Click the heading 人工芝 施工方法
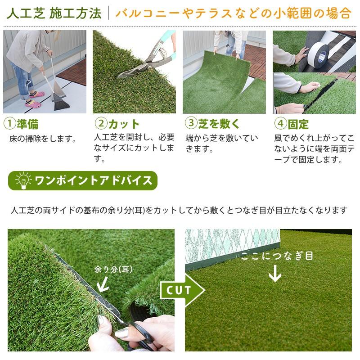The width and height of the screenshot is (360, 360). click(x=54, y=13)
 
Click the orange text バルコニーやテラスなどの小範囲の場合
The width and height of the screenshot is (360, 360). click(x=233, y=13)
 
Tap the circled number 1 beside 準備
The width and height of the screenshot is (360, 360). click(x=9, y=123)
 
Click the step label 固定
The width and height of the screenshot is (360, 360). click(x=298, y=124)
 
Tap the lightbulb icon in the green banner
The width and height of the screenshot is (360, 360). click(x=21, y=181)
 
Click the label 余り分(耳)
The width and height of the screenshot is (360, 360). click(x=114, y=269)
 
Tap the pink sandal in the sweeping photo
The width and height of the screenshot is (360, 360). click(x=37, y=94)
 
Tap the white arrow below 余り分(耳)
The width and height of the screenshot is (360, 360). click(x=103, y=283)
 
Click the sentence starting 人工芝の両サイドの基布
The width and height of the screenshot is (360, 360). click(x=180, y=210)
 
